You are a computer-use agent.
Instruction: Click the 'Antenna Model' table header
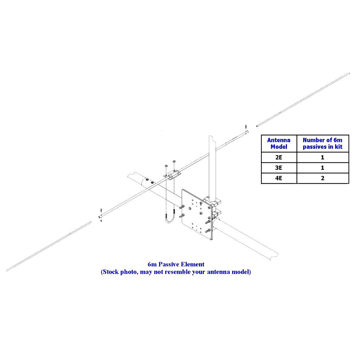coord(279,144)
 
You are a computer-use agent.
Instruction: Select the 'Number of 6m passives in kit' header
coord(322,144)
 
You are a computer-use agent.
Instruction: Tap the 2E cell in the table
coord(279,158)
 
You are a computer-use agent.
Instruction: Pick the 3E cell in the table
coord(279,168)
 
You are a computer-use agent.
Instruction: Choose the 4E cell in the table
coord(279,178)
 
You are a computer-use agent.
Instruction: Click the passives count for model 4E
coord(323,178)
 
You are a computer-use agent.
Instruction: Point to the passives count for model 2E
coord(323,158)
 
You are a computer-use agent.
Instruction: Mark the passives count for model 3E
coord(323,168)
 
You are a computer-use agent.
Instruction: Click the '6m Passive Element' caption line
coord(176,265)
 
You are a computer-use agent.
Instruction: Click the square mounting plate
coord(197,215)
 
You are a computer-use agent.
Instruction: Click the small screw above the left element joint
coord(101,211)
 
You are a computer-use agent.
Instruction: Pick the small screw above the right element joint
coord(246,127)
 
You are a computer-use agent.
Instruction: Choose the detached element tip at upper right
coord(303,100)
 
